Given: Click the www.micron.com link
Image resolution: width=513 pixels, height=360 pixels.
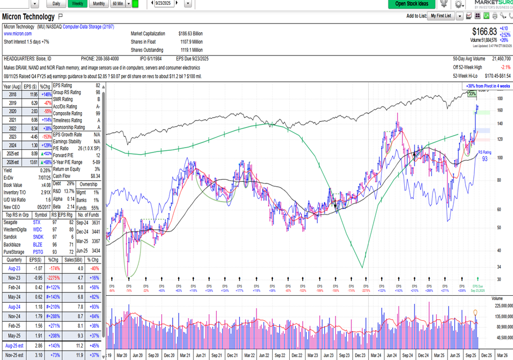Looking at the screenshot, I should (19, 34).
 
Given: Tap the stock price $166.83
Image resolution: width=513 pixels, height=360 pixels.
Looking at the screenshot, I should (485, 32).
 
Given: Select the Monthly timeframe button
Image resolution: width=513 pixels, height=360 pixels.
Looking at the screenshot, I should (99, 3).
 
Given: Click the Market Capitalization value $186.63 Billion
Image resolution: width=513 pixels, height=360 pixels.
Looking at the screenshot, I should (191, 34).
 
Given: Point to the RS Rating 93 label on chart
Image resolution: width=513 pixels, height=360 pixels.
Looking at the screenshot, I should (485, 156).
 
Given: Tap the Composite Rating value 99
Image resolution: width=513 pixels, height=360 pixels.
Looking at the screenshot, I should (97, 113).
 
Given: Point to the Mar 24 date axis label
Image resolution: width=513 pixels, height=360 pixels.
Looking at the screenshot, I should (376, 355).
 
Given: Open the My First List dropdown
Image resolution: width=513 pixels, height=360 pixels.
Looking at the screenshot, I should (441, 16).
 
